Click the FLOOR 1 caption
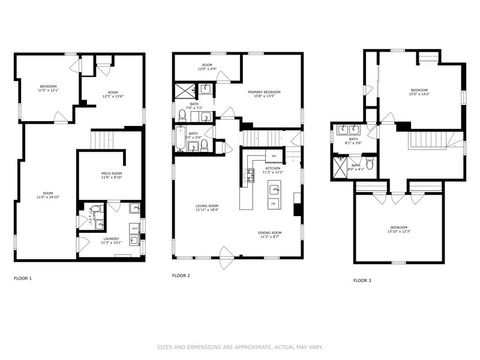click(22, 276)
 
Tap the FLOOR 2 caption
click(181, 274)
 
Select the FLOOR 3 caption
click(361, 281)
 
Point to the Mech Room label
click(112, 175)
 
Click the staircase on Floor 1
click(106, 141)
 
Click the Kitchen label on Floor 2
click(273, 170)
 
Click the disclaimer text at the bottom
click(240, 347)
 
